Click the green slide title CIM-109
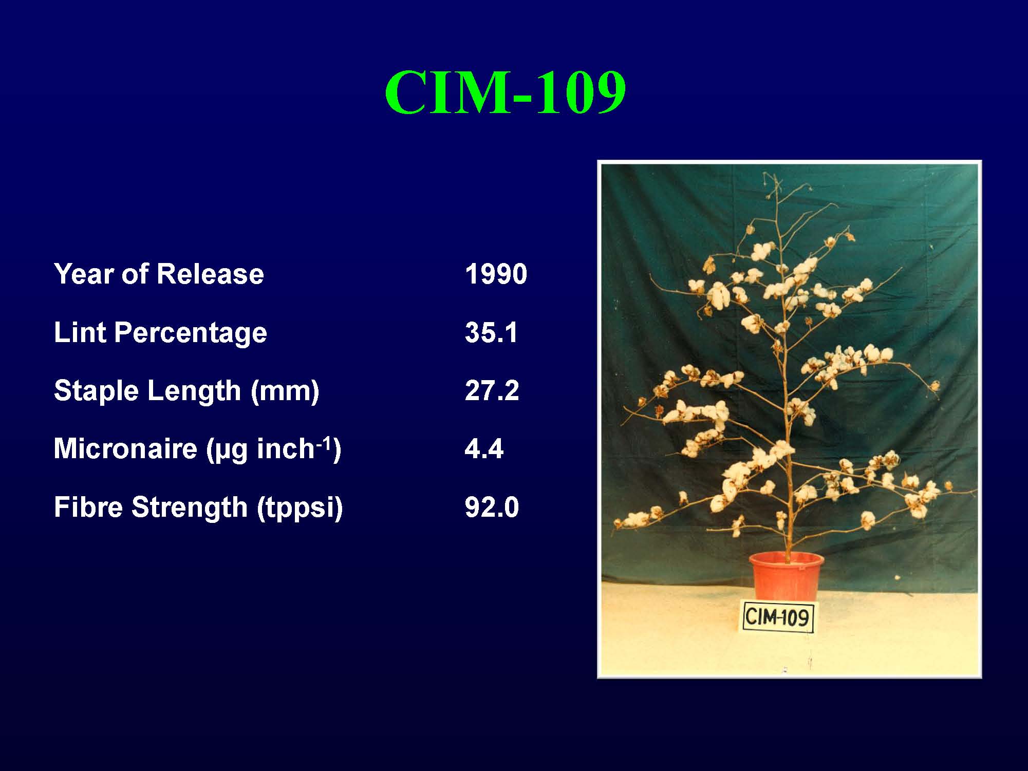(x=506, y=92)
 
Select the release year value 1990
(x=496, y=274)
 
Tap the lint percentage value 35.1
(x=492, y=332)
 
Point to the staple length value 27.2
(x=492, y=390)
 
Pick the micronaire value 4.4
(x=484, y=448)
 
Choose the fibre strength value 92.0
(x=492, y=507)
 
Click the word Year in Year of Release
(x=84, y=274)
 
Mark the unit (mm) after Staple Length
(x=285, y=391)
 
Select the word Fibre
(x=89, y=507)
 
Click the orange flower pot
(x=786, y=576)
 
